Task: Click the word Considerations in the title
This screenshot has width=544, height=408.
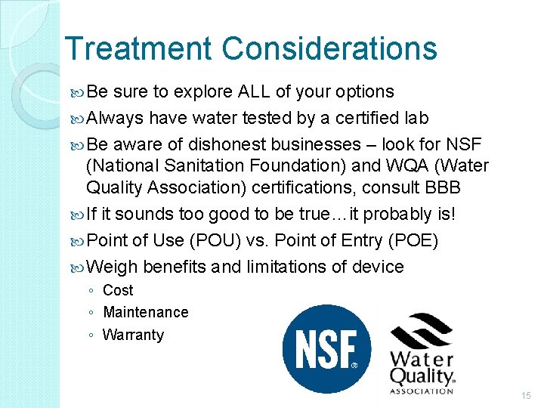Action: pos(329,49)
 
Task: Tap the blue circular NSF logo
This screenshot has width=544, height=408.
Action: pos(326,349)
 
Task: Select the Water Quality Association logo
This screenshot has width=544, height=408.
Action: pos(422,354)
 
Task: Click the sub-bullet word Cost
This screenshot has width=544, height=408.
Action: pos(118,290)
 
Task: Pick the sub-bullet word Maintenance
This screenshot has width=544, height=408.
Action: pos(146,312)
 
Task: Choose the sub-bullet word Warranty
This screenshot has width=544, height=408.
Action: pos(133,335)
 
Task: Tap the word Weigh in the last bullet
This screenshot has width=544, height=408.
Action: pos(113,267)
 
